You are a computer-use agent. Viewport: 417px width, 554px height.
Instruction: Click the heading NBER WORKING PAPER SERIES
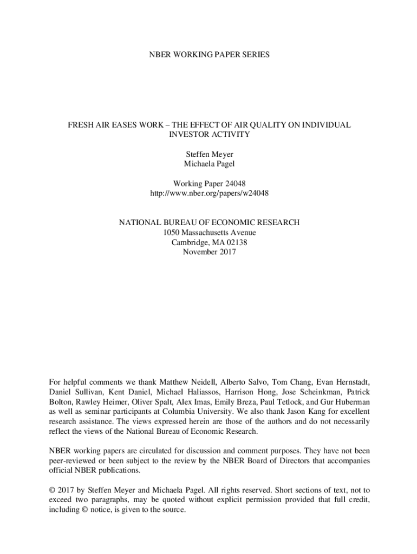208,55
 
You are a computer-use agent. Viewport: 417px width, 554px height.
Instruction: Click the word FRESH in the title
80,125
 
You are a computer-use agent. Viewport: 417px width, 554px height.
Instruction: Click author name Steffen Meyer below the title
209,155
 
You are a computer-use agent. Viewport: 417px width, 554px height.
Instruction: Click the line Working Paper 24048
209,184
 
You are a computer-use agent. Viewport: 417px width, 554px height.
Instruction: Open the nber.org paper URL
209,193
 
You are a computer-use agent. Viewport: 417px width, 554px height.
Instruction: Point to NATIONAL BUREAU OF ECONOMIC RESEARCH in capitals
209,223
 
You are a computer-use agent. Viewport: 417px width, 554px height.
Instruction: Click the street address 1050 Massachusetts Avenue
209,233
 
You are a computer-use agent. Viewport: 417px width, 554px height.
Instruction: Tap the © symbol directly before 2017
52,490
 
